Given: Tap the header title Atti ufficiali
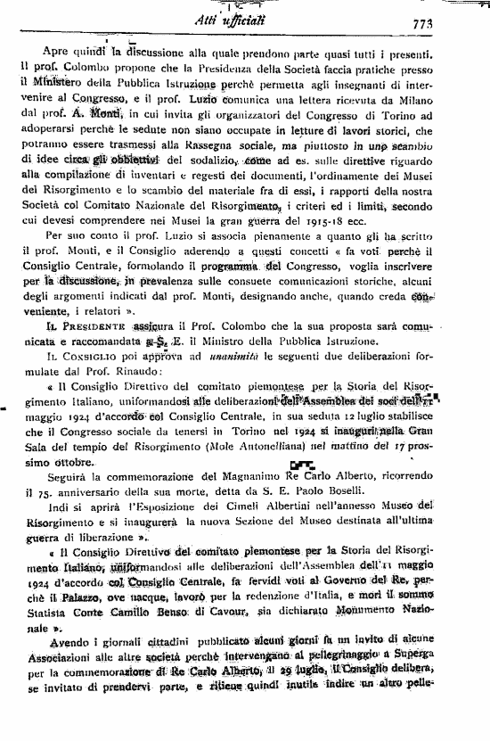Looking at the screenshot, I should pyautogui.click(x=252, y=22).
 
